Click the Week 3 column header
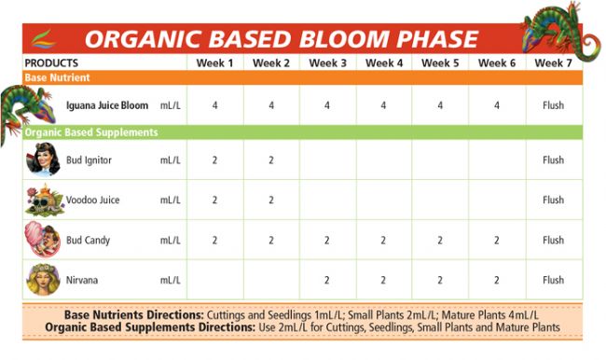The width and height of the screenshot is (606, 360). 327,62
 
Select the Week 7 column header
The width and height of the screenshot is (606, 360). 553,62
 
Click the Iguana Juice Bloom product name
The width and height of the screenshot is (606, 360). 107,105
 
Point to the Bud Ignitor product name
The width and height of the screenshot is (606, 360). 89,160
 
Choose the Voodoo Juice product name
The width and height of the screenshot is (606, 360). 91,201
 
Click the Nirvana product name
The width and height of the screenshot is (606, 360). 81,280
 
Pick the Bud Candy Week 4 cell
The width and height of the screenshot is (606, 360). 384,241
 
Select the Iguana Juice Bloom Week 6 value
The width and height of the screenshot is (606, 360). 497,105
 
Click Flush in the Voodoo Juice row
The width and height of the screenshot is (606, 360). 553,201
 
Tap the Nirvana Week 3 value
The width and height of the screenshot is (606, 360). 327,280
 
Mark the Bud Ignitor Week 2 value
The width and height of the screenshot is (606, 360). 271,160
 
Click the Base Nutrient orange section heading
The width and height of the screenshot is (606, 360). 55,77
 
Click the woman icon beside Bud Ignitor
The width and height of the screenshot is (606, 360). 43,160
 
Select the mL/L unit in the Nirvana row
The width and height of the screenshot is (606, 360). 170,280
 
